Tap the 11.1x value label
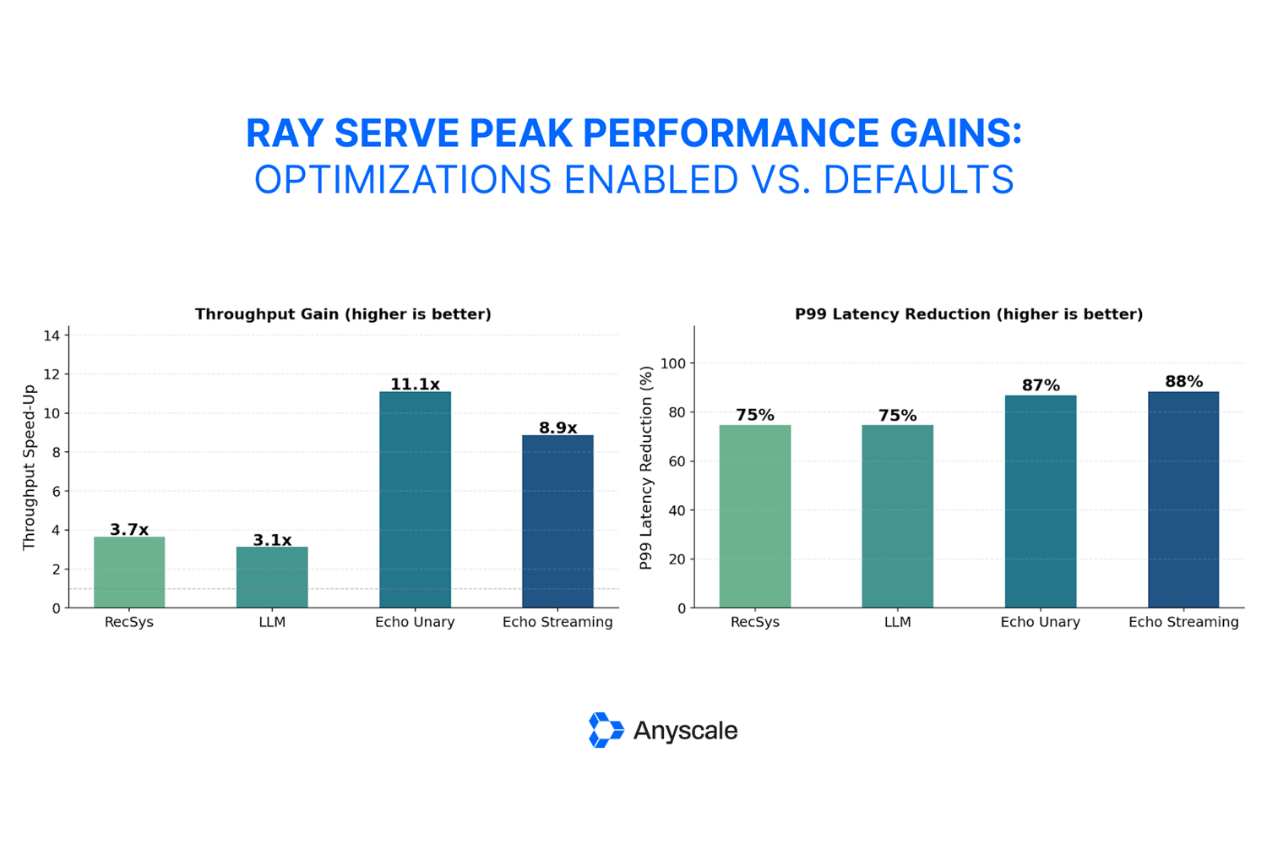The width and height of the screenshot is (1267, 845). point(415,384)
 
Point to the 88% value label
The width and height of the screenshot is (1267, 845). point(1183,382)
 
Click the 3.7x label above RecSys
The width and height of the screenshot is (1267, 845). point(129,530)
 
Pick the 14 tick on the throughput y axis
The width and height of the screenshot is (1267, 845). point(52,335)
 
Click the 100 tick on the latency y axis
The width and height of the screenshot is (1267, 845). point(673,363)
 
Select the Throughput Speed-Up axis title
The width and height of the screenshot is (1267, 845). point(29,466)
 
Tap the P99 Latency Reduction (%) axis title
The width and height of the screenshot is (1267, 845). point(646,467)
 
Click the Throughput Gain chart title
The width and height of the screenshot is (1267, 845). point(343,314)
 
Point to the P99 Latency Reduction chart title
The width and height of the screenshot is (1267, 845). point(969,314)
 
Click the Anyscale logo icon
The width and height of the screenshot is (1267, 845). point(605,730)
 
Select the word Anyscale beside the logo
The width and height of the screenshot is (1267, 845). point(685,731)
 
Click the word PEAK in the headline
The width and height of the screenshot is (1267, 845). point(520,134)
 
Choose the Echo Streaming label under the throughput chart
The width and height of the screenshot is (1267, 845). point(557,622)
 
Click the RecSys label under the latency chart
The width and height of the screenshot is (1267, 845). point(754,622)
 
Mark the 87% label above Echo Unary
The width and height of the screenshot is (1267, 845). point(1041,385)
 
